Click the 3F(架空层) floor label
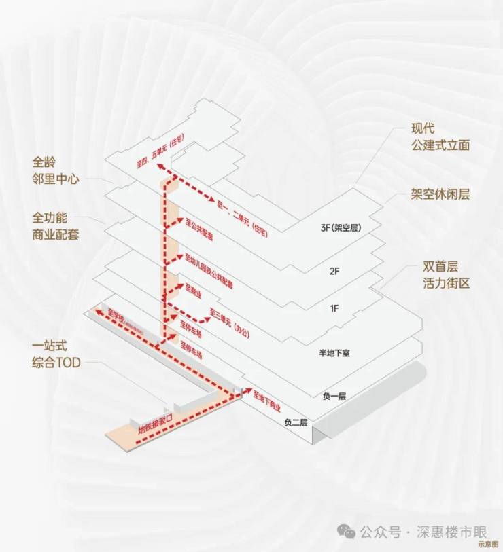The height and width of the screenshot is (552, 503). tap(339, 228)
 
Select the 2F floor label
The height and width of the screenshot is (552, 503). tap(334, 271)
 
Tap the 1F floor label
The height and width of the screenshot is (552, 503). tap(334, 309)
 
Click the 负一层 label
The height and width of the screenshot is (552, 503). tap(334, 395)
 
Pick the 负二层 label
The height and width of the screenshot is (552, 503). tap(296, 422)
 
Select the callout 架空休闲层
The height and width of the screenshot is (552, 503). tap(440, 194)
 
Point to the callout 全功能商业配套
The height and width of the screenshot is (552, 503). tap(56, 227)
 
